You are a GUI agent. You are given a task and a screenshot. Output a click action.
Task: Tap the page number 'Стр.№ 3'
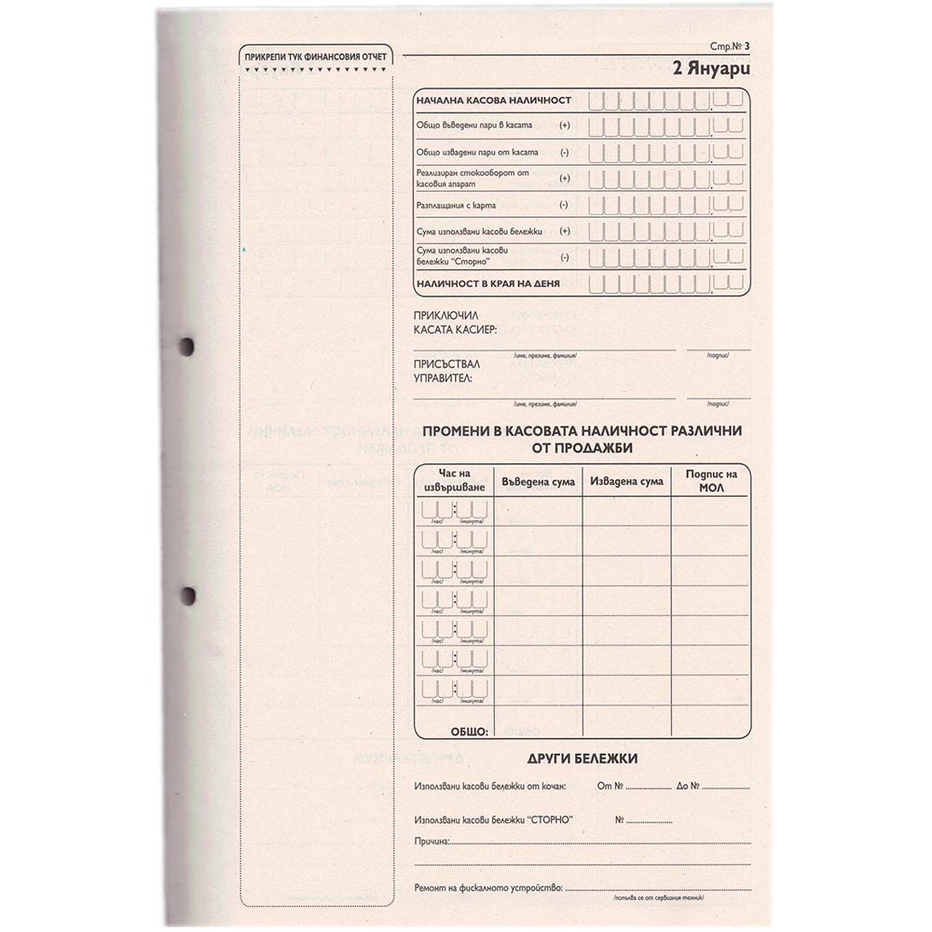[x=729, y=46]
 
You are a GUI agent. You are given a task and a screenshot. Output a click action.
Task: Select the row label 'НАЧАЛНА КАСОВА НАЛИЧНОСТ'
[x=494, y=100]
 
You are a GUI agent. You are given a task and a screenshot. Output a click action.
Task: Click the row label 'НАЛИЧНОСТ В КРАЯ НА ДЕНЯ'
[x=488, y=282]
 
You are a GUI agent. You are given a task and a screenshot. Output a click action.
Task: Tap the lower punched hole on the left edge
[x=186, y=594]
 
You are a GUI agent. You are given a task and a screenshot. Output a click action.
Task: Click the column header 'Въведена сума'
[x=538, y=481]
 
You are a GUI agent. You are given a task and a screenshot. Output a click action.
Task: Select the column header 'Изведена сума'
[x=626, y=481]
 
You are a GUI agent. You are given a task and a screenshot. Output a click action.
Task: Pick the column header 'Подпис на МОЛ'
[x=711, y=481]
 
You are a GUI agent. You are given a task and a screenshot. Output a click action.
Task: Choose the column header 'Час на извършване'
[x=456, y=481]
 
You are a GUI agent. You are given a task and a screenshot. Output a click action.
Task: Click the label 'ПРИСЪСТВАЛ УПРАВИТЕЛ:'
[x=444, y=371]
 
